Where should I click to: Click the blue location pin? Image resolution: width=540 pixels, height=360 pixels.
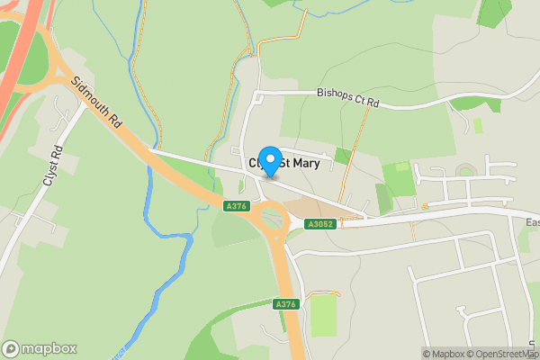pos(269,159)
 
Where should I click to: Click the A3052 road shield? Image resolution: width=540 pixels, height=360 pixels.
pos(320,224)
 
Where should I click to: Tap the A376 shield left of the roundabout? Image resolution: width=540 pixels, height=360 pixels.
pos(236,206)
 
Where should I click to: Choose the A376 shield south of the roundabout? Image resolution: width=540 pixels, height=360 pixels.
pos(285,304)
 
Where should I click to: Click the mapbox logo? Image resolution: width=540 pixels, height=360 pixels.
pos(40,349)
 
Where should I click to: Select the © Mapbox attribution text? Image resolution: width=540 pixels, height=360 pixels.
pos(441,354)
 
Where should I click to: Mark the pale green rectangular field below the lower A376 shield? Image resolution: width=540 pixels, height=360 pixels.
pos(323,316)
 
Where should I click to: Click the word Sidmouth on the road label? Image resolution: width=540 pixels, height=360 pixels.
pos(91,97)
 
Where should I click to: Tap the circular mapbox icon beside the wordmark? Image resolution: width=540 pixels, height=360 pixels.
pos(11,349)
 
